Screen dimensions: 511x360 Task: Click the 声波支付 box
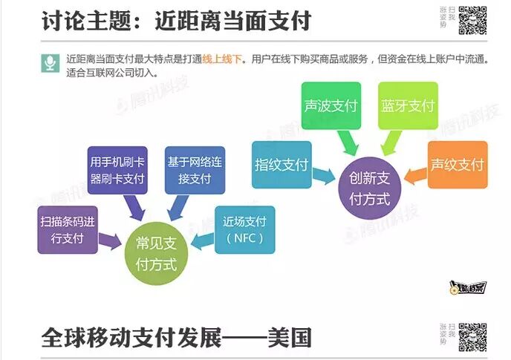[x=331, y=105]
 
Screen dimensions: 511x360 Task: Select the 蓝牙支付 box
[x=407, y=105]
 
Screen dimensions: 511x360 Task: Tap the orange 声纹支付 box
[x=458, y=164]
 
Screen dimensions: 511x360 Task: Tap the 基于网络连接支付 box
[x=195, y=170]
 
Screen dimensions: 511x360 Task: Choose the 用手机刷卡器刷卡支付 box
[x=117, y=170]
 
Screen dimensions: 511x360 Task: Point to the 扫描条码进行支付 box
[x=68, y=230]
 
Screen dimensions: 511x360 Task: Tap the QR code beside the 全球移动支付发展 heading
[x=473, y=338]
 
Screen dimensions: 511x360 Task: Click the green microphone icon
[x=50, y=62]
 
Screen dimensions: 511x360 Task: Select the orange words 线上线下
[x=224, y=57]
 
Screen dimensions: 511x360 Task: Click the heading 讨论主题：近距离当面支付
[x=176, y=21]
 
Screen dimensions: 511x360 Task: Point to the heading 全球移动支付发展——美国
[x=176, y=338]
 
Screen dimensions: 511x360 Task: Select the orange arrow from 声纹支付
[x=416, y=175]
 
